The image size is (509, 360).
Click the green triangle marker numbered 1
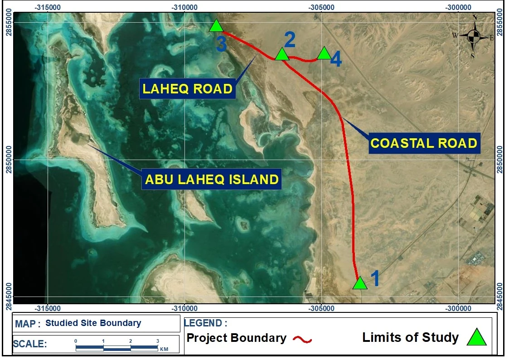coord(360,283)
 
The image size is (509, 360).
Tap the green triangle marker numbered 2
coord(282,54)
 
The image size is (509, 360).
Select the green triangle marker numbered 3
coord(216,26)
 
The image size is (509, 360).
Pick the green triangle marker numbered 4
coord(324,53)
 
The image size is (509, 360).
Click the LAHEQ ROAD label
coord(188,88)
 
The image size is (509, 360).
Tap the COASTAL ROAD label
coord(424,143)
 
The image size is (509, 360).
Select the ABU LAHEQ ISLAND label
coord(212,179)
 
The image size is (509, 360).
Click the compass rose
coord(474,37)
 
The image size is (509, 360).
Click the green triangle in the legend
coord(476,337)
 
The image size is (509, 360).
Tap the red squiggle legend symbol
coord(302,340)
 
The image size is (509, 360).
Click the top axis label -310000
coord(185,7)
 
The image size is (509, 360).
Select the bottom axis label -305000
coord(322,308)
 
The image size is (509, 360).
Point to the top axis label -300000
coord(458,7)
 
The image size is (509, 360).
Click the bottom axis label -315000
coord(48,308)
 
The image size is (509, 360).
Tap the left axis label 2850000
coord(9,160)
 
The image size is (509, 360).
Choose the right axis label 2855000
coord(500,22)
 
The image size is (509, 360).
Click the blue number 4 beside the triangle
coord(336,60)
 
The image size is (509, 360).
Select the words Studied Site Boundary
coord(93,323)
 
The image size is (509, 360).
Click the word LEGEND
coord(203,323)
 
